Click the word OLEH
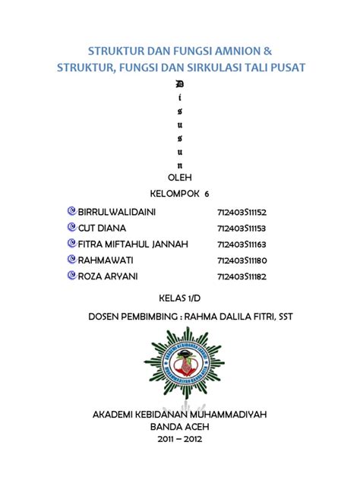coord(179,177)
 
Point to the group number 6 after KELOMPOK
coord(207,194)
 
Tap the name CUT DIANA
coord(102,227)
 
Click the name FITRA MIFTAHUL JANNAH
coord(133,244)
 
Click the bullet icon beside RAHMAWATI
coord(71,260)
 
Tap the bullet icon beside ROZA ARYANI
coord(71,276)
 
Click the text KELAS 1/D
coord(178,297)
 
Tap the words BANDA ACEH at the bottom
coord(179,427)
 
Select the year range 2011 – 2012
coord(179,439)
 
